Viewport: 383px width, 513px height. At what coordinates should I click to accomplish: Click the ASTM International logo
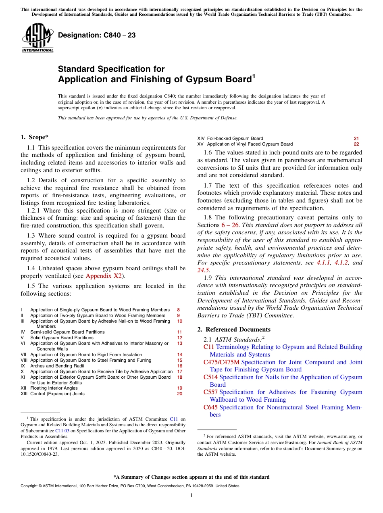[x=37, y=38]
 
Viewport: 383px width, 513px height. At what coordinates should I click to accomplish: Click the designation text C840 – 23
[x=97, y=35]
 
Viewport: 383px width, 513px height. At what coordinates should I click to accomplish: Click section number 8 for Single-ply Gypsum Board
[x=179, y=310]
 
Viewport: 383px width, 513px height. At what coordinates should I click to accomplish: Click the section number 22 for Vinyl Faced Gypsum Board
[x=356, y=144]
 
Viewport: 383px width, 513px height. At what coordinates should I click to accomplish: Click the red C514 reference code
[x=210, y=377]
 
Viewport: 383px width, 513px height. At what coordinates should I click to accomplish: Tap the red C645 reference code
[x=211, y=407]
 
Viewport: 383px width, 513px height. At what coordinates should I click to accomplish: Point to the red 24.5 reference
[x=203, y=270]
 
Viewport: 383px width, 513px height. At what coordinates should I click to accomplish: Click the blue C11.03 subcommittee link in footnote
[x=62, y=431]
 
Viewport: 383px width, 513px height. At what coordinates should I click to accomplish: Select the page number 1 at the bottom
[x=191, y=496]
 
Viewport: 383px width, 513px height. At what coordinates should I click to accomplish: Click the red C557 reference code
[x=210, y=392]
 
